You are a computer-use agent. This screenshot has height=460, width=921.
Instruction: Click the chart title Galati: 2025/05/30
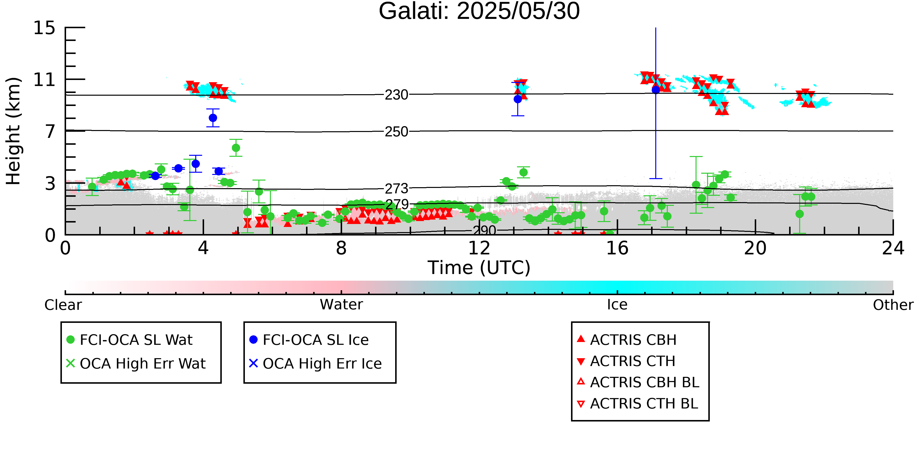coord(479,12)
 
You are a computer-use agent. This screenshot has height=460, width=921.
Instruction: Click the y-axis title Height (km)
coord(13,131)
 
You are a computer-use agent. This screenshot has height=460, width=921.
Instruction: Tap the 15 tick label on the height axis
coord(44,28)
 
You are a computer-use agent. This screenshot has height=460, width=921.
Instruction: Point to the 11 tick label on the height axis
coord(44,80)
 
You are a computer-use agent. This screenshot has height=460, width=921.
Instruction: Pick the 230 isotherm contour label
coord(396,95)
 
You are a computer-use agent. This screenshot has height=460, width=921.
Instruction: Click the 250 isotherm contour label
coord(396,132)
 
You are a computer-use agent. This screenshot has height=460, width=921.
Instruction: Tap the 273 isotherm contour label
coord(396,189)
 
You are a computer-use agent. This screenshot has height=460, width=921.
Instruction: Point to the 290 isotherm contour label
coord(485,230)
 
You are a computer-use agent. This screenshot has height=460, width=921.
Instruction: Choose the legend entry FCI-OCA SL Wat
coord(129,340)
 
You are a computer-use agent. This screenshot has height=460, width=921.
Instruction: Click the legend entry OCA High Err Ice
coord(315,364)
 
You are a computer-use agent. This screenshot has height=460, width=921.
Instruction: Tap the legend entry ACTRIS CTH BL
coord(638,404)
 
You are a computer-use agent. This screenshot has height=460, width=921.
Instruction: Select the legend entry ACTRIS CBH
coord(627,340)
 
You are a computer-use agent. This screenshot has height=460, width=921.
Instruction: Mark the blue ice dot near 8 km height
coord(213,118)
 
